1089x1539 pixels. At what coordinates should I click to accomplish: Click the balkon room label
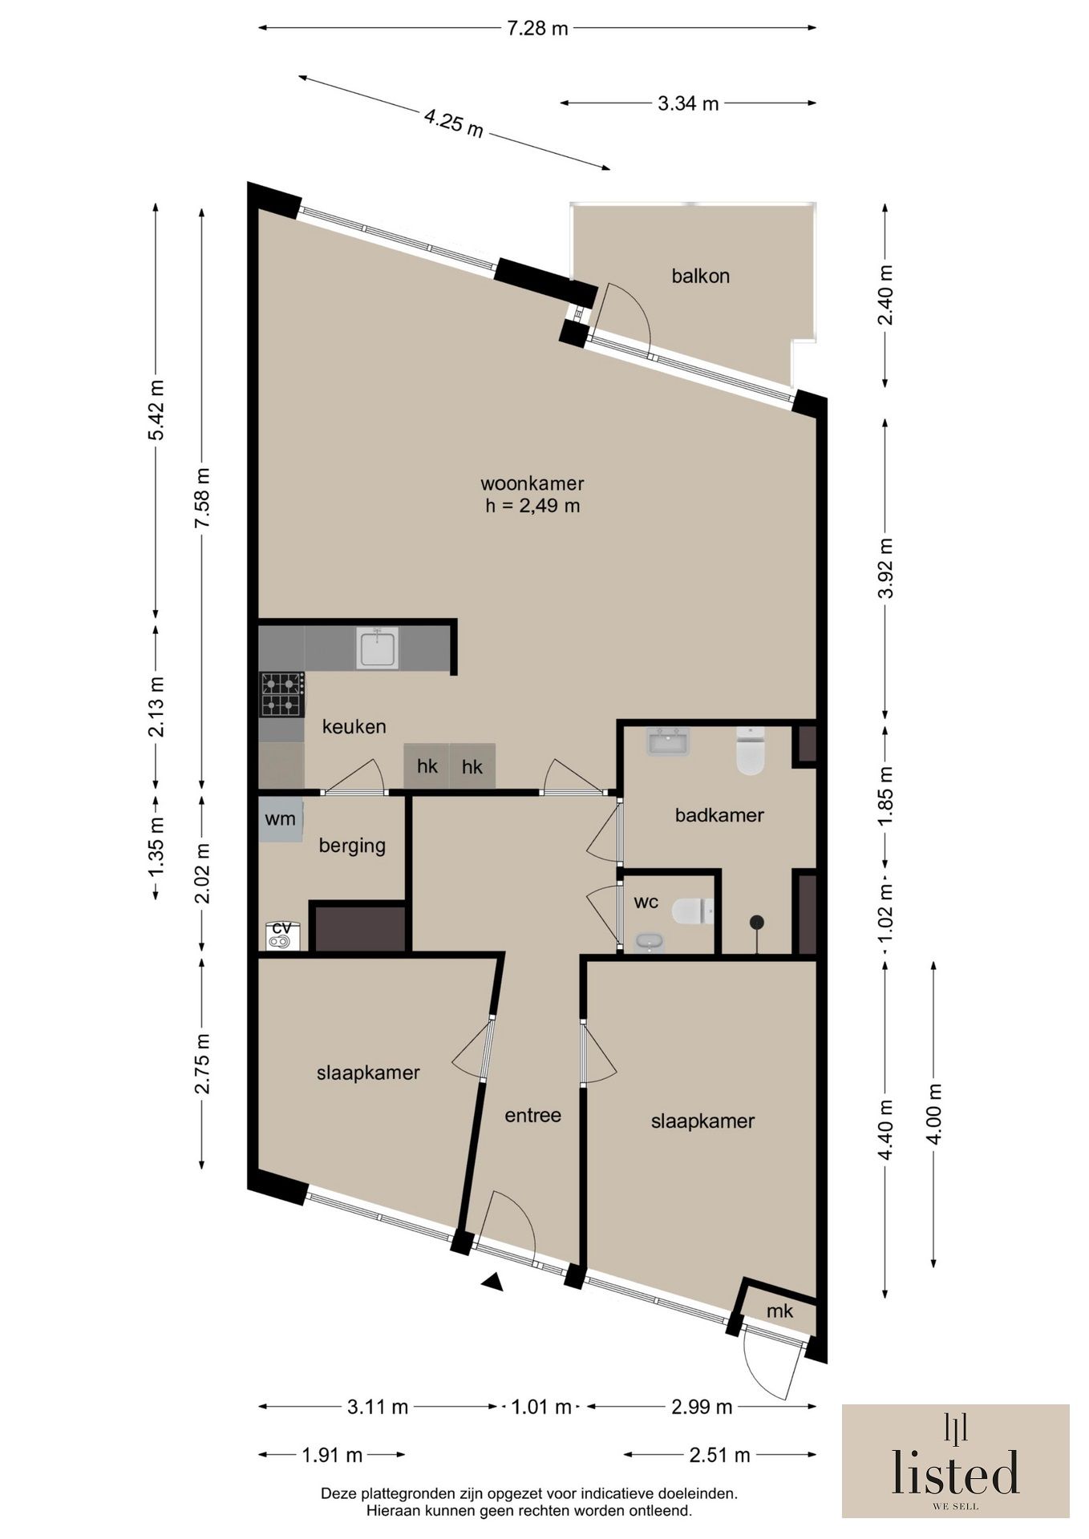point(700,277)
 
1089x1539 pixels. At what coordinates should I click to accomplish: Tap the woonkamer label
point(532,483)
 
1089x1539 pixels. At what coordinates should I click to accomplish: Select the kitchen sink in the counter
point(379,648)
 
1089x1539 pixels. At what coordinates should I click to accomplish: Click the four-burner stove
point(281,694)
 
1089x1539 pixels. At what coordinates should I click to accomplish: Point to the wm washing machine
point(281,819)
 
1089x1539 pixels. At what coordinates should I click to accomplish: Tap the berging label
point(352,846)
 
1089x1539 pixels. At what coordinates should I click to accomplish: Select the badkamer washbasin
point(668,741)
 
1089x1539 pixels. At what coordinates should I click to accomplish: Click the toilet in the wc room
point(693,911)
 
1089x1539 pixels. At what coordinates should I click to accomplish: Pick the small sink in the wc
point(650,942)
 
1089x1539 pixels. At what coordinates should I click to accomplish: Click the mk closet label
point(779,1311)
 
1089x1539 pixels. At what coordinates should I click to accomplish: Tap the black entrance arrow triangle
point(492,1282)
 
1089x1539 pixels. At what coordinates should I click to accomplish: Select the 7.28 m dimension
point(537,28)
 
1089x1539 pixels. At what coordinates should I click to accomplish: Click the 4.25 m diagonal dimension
point(454,123)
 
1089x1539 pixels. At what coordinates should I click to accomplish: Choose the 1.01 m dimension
point(542,1407)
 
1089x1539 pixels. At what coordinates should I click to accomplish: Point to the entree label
point(532,1115)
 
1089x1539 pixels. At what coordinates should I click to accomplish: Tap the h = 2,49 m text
point(532,506)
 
